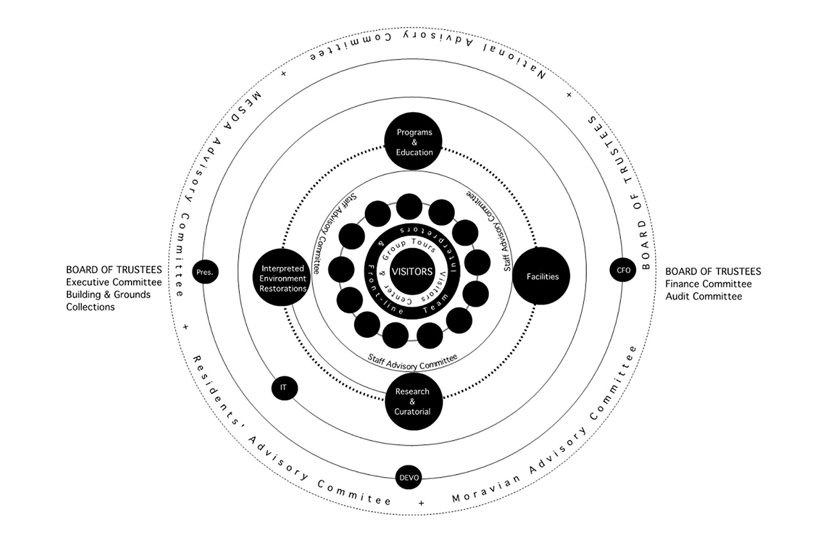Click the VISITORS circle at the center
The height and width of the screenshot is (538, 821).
(x=412, y=272)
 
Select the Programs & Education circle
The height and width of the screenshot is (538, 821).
(x=414, y=142)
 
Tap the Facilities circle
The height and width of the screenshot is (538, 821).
(x=541, y=276)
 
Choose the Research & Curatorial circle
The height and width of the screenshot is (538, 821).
(x=414, y=401)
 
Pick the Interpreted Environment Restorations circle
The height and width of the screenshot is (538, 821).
(x=282, y=278)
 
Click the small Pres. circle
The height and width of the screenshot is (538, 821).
(x=205, y=272)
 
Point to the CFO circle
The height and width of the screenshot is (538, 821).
(x=623, y=271)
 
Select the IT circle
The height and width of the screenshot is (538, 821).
(x=284, y=387)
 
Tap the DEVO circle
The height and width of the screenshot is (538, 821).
(x=409, y=478)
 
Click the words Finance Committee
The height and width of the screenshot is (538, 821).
(x=708, y=284)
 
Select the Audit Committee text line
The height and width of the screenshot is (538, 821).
(x=704, y=296)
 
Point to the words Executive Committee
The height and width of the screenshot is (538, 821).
(x=114, y=282)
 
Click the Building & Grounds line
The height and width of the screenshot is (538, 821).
(x=108, y=295)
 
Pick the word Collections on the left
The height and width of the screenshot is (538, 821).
(x=90, y=307)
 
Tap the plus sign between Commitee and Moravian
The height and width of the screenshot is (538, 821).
(x=421, y=503)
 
